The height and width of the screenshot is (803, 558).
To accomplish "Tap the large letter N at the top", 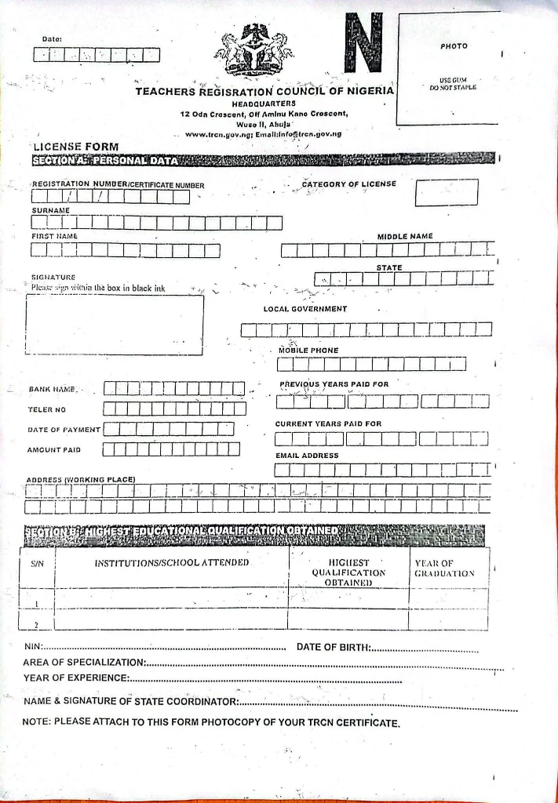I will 362,44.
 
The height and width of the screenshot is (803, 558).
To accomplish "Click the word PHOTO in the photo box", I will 454,46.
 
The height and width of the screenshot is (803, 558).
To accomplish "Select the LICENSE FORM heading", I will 75,147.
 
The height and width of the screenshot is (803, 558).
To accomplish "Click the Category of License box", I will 447,193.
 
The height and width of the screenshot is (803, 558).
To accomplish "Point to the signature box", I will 115,325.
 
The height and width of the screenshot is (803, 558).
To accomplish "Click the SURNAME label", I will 51,210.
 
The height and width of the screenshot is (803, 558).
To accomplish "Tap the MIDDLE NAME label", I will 405,236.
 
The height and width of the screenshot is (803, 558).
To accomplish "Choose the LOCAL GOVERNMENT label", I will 305,309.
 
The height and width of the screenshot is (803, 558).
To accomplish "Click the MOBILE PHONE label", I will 308,350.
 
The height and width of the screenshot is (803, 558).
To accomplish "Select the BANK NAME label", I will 52,389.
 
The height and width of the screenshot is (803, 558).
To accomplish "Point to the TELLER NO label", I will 47,409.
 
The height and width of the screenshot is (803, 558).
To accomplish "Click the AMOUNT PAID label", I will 54,450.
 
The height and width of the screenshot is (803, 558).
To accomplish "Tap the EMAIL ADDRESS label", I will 307,455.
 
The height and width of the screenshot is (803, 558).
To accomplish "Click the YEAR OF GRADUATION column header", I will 444,568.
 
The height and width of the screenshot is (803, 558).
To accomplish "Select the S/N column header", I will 37,562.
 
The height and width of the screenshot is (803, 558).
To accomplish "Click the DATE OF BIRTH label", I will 331,647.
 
